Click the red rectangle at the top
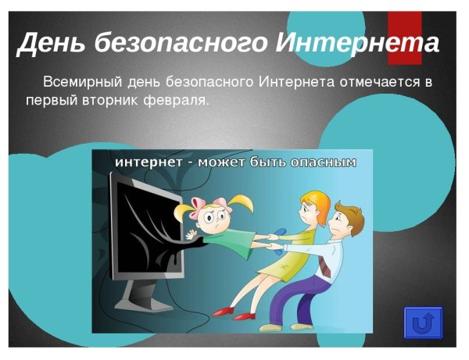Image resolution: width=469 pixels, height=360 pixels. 405,35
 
